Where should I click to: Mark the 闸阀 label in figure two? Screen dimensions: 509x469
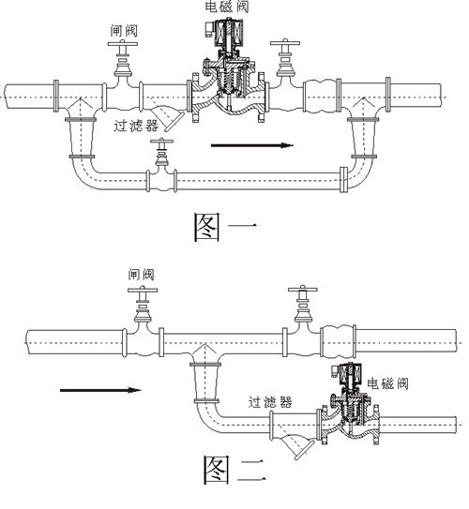[x=141, y=275]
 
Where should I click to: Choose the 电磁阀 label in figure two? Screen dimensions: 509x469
[x=386, y=382]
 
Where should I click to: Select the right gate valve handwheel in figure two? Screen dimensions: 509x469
[x=303, y=292]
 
